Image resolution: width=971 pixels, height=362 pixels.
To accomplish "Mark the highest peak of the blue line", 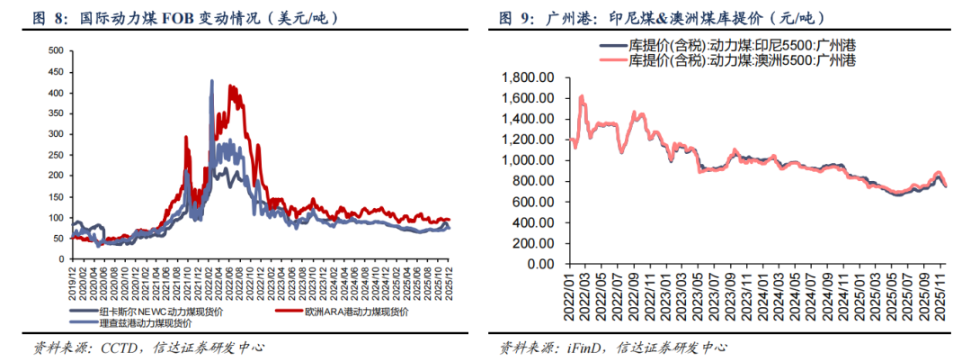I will pos(212,82).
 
